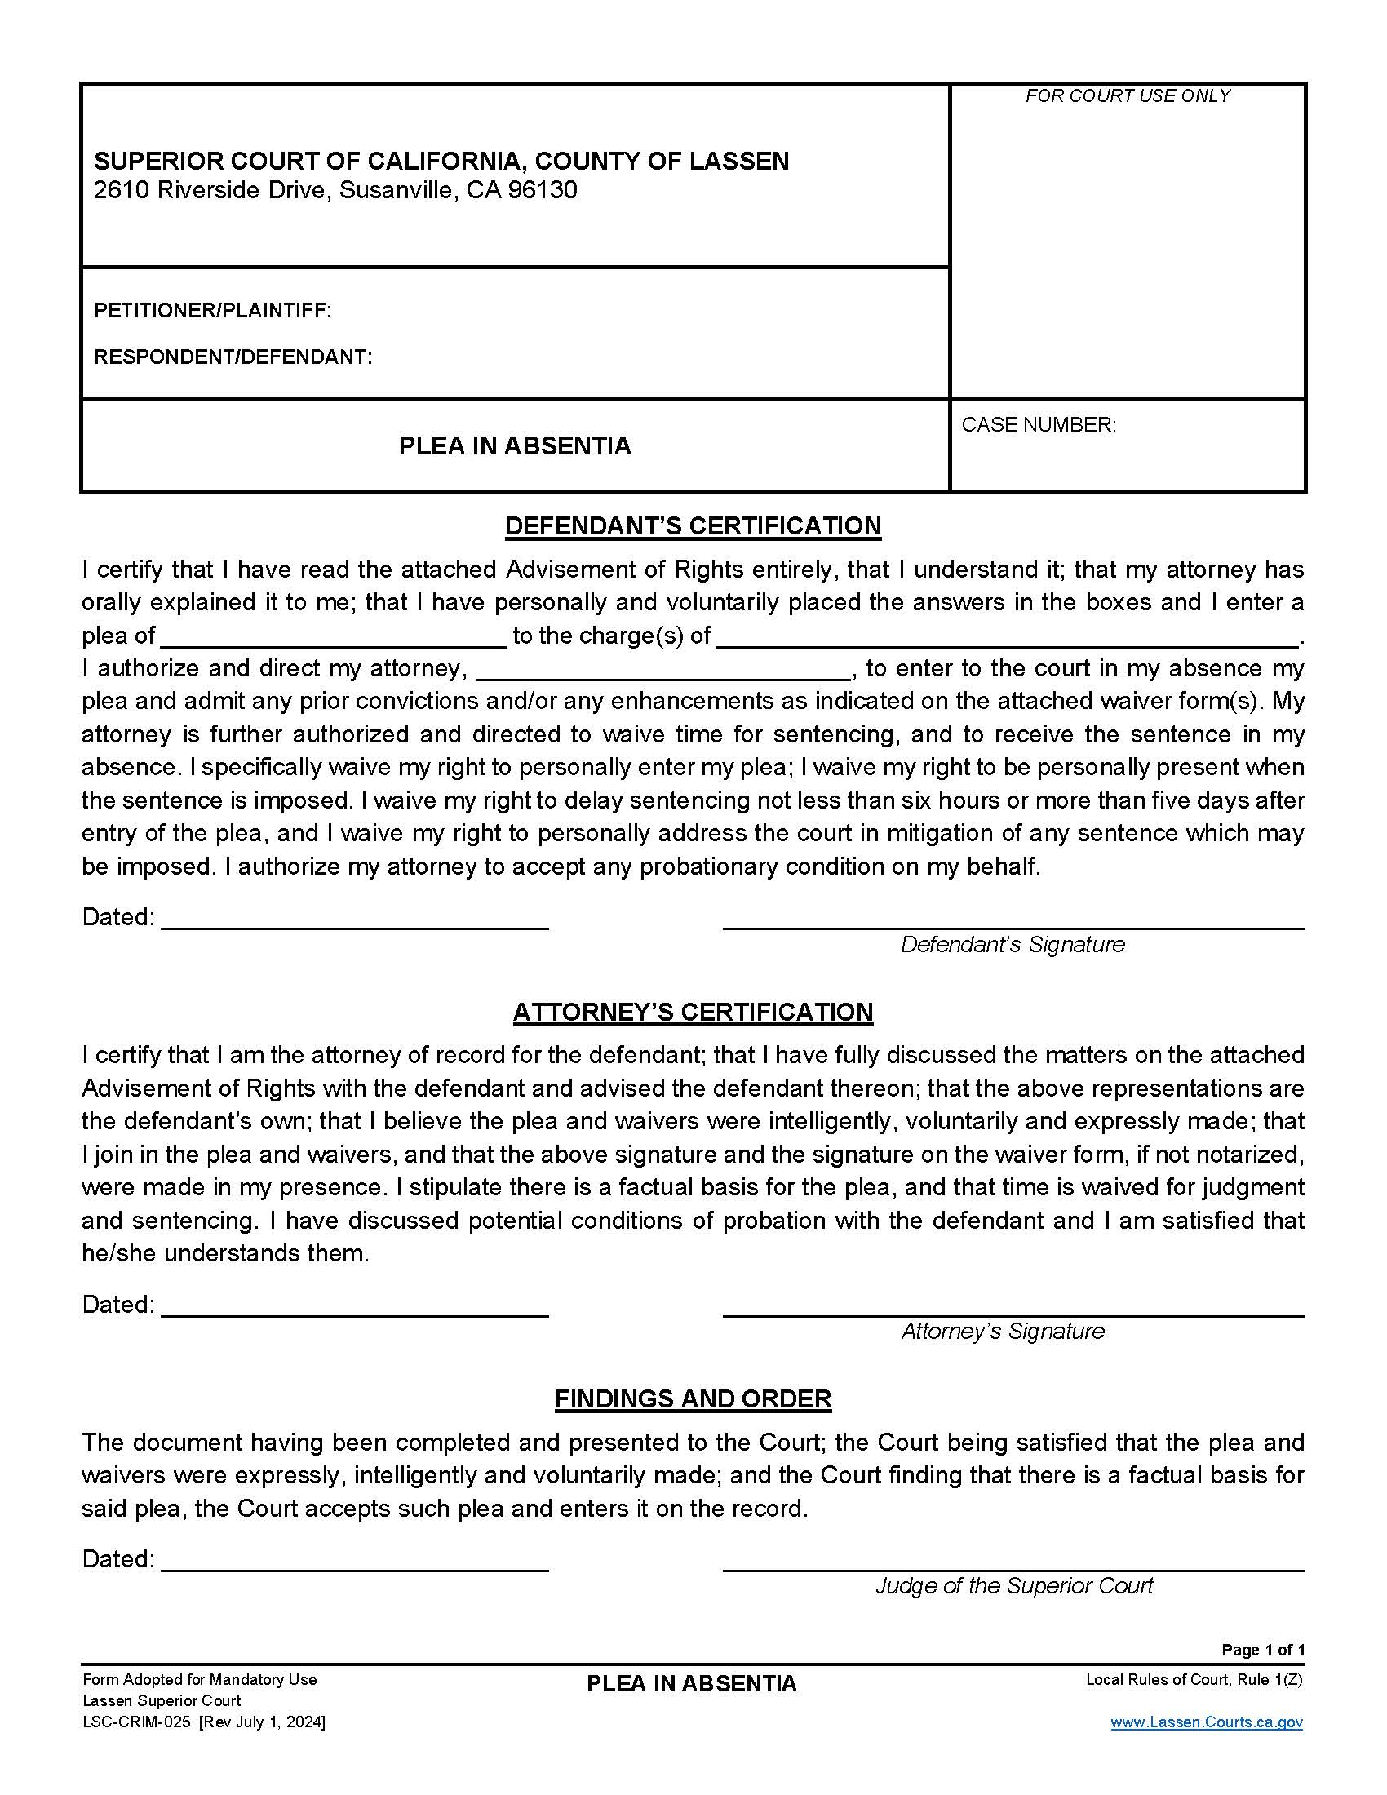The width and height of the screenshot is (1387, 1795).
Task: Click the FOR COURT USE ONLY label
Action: (x=1127, y=96)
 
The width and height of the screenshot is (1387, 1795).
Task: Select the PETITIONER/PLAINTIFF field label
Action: (x=213, y=311)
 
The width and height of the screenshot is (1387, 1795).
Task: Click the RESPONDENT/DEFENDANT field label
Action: (x=233, y=357)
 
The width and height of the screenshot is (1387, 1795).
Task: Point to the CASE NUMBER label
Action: (x=1038, y=425)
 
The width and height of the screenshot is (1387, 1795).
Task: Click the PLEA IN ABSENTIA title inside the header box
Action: (x=514, y=446)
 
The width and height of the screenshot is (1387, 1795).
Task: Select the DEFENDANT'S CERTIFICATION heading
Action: (x=693, y=526)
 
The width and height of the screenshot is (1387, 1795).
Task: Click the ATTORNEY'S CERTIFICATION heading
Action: (x=693, y=1012)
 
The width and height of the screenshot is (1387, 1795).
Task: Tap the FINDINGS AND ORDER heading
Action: (x=693, y=1398)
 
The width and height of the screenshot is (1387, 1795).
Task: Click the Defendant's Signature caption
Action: (x=1013, y=944)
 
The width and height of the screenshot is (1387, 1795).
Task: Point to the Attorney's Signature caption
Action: (x=1003, y=1331)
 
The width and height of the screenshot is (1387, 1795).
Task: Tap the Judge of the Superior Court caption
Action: (x=1014, y=1585)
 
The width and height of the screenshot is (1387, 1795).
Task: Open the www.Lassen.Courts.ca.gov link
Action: (x=1205, y=1722)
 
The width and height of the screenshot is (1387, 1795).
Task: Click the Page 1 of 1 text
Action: (x=1262, y=1650)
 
